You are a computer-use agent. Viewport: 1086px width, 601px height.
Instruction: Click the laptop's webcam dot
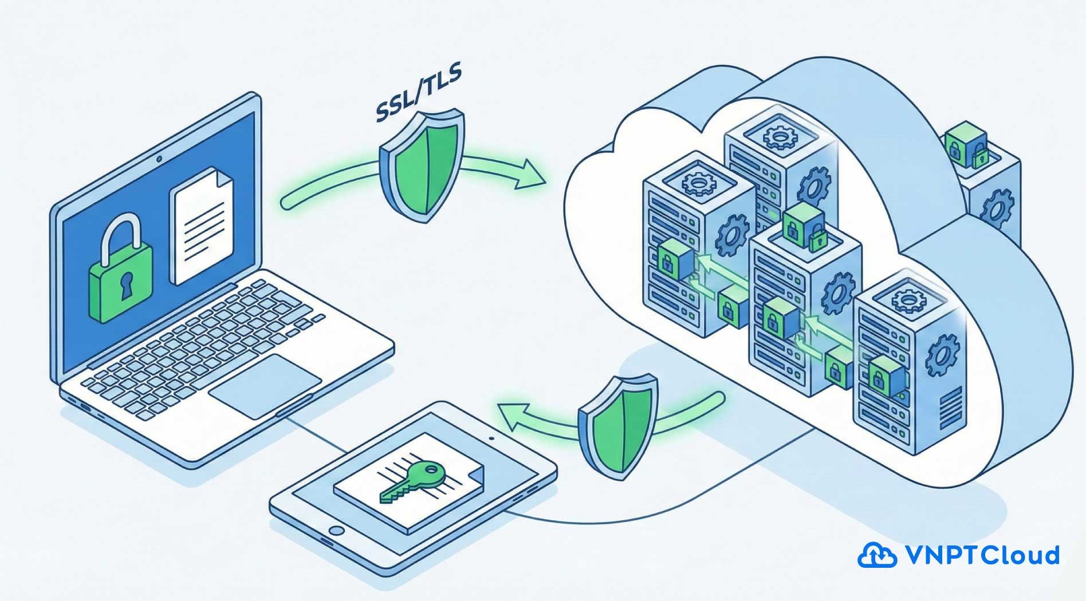point(159,158)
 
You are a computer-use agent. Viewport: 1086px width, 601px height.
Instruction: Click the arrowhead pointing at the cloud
point(530,174)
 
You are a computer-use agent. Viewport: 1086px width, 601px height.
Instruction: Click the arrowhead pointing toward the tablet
point(513,417)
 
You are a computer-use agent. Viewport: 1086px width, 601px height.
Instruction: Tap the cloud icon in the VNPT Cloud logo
point(876,555)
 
